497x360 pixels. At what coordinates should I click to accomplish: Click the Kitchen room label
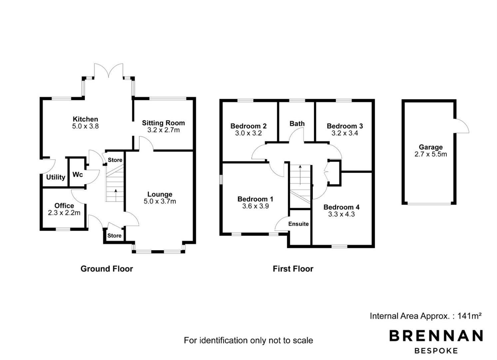(x=85, y=119)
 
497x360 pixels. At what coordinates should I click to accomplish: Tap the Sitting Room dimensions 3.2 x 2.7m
(x=164, y=130)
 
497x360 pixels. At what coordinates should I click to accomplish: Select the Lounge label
(x=160, y=194)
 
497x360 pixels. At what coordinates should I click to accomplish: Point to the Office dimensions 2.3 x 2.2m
(x=64, y=213)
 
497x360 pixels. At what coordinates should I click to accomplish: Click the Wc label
(x=78, y=175)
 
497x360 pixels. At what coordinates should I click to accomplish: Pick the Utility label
(x=56, y=177)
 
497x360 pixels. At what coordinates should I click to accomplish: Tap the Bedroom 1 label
(x=255, y=199)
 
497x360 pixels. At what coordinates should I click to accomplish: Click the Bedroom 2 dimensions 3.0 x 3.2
(x=248, y=133)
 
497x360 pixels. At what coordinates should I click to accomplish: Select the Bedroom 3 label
(x=345, y=126)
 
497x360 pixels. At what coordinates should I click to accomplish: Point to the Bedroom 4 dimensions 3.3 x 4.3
(x=341, y=214)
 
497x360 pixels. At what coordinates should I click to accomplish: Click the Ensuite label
(x=298, y=224)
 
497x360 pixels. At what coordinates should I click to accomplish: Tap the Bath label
(x=297, y=123)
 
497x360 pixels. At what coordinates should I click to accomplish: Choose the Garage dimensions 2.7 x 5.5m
(x=431, y=154)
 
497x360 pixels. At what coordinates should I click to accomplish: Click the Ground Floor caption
(x=107, y=269)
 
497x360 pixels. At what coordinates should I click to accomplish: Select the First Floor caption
(x=293, y=269)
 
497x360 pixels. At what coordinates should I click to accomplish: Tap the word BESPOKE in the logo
(x=436, y=351)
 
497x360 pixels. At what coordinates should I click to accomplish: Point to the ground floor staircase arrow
(x=116, y=195)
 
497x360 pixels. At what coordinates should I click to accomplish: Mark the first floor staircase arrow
(x=300, y=175)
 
